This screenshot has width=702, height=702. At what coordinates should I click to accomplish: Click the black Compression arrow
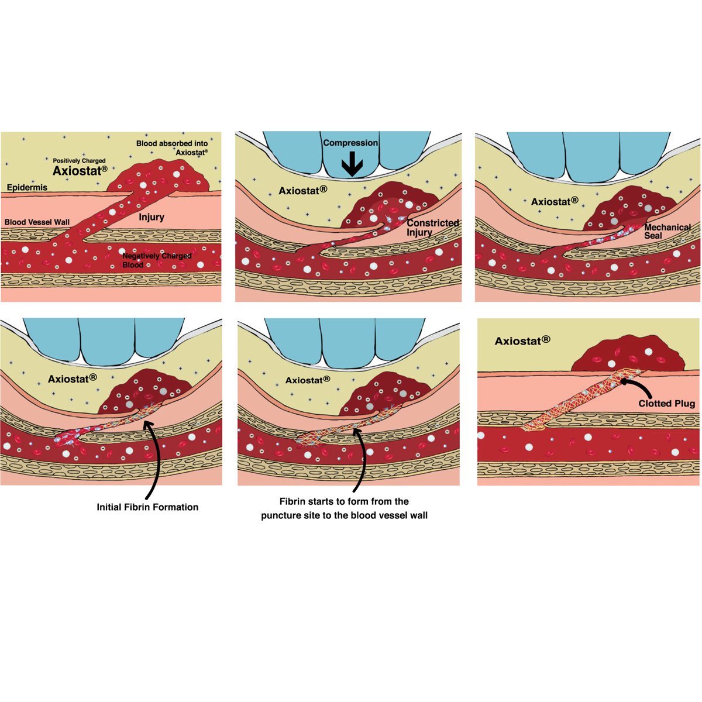coord(352,164)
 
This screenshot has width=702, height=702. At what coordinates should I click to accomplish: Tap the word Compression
coord(350,143)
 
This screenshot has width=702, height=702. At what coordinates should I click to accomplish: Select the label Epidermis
coord(27,188)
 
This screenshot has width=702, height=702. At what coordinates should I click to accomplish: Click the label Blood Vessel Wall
coord(37,222)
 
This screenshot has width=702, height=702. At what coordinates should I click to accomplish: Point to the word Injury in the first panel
coord(152,217)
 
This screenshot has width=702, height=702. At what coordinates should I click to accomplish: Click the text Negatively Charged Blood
coord(156,260)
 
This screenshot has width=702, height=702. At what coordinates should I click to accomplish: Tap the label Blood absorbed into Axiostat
coord(173,147)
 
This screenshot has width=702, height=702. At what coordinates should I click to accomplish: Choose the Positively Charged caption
coord(79,161)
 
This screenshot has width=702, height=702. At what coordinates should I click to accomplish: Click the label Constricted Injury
coord(432,228)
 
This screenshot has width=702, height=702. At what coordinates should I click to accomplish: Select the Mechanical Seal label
coord(667,231)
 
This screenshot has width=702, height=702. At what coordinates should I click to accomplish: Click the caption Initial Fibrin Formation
coord(147,507)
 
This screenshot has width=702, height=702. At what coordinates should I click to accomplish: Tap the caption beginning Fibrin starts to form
coord(344,508)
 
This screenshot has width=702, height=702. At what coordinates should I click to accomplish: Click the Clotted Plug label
coord(666,404)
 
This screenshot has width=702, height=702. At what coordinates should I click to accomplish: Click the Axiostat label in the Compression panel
coord(302,191)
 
